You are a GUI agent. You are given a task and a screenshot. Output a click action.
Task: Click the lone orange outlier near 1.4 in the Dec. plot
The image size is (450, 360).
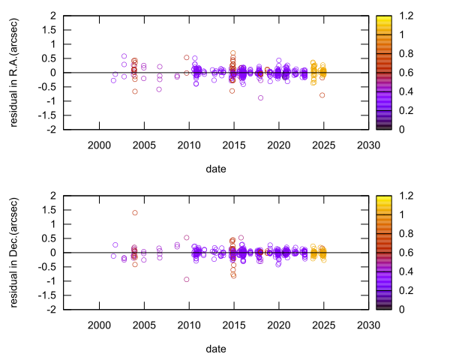coord(135,212)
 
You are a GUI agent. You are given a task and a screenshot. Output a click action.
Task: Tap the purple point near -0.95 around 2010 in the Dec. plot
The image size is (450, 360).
coord(187,279)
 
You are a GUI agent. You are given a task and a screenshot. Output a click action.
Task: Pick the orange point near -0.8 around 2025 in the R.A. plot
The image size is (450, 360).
coord(322,95)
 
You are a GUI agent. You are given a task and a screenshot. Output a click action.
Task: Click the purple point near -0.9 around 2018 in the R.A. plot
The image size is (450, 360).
coord(260,97)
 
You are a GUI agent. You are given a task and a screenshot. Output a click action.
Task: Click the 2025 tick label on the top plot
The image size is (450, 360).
coord(322,145)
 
